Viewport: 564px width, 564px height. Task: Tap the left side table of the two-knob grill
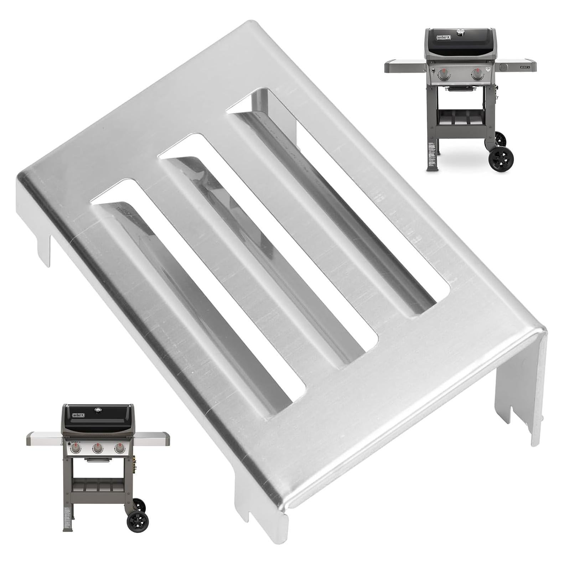(x=405, y=67)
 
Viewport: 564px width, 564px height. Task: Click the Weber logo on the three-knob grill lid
(x=79, y=415)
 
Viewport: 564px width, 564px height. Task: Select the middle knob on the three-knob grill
(x=98, y=449)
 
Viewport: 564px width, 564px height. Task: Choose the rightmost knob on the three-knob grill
(x=119, y=449)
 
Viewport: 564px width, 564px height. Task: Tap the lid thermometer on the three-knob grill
(x=97, y=410)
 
